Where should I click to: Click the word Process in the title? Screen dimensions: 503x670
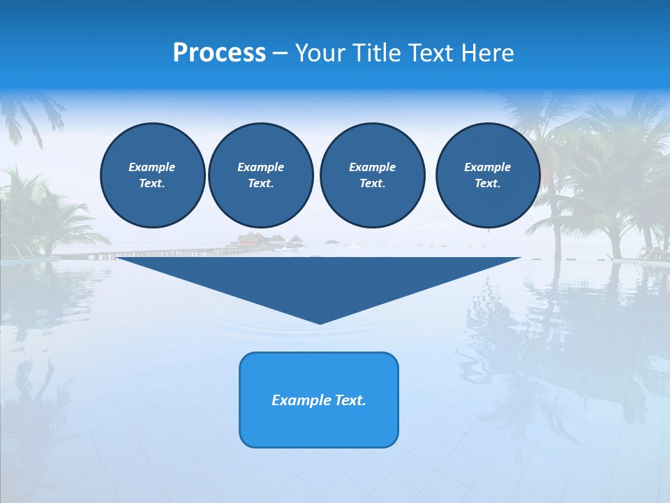point(219,53)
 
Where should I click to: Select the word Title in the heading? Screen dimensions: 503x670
point(377,53)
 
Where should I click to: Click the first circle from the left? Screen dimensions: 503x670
point(153,175)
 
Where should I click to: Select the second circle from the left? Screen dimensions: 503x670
point(261,175)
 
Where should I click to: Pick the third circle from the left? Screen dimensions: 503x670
point(373,175)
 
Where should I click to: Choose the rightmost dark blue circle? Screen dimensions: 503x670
point(488,175)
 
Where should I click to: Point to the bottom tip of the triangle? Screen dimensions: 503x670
point(320,323)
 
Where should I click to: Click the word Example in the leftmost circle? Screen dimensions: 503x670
point(152,167)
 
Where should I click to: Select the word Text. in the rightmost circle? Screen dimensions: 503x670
point(488,184)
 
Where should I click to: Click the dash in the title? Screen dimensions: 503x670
point(281,53)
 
